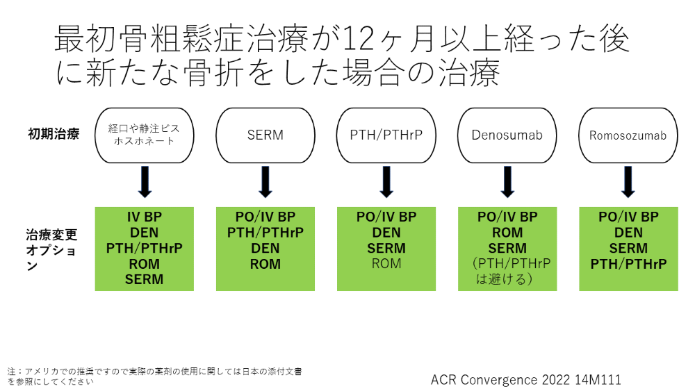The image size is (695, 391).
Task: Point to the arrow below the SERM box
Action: click(x=265, y=182)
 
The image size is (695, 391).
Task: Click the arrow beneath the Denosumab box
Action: click(x=507, y=182)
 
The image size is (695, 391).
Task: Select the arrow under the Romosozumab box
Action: click(x=628, y=182)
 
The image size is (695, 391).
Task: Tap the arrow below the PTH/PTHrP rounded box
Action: click(x=386, y=182)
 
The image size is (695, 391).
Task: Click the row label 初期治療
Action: click(x=54, y=134)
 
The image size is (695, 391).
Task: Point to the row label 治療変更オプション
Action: click(x=51, y=250)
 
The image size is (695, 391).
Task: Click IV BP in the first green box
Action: click(x=145, y=217)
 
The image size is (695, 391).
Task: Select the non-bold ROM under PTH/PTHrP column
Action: click(x=386, y=264)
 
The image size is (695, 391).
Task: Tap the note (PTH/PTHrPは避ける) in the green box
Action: click(x=511, y=271)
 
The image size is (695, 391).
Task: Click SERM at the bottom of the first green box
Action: click(x=144, y=279)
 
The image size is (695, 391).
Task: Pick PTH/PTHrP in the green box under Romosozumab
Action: click(x=628, y=265)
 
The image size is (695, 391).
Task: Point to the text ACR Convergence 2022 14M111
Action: click(x=525, y=379)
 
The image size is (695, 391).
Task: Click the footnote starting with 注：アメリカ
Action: click(x=154, y=376)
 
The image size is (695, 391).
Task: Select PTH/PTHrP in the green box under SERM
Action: click(x=265, y=233)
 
